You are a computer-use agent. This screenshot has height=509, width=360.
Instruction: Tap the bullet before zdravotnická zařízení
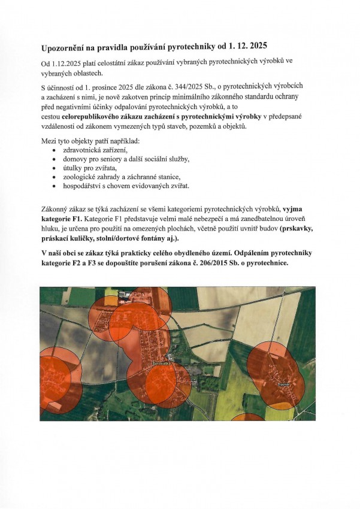55,150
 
